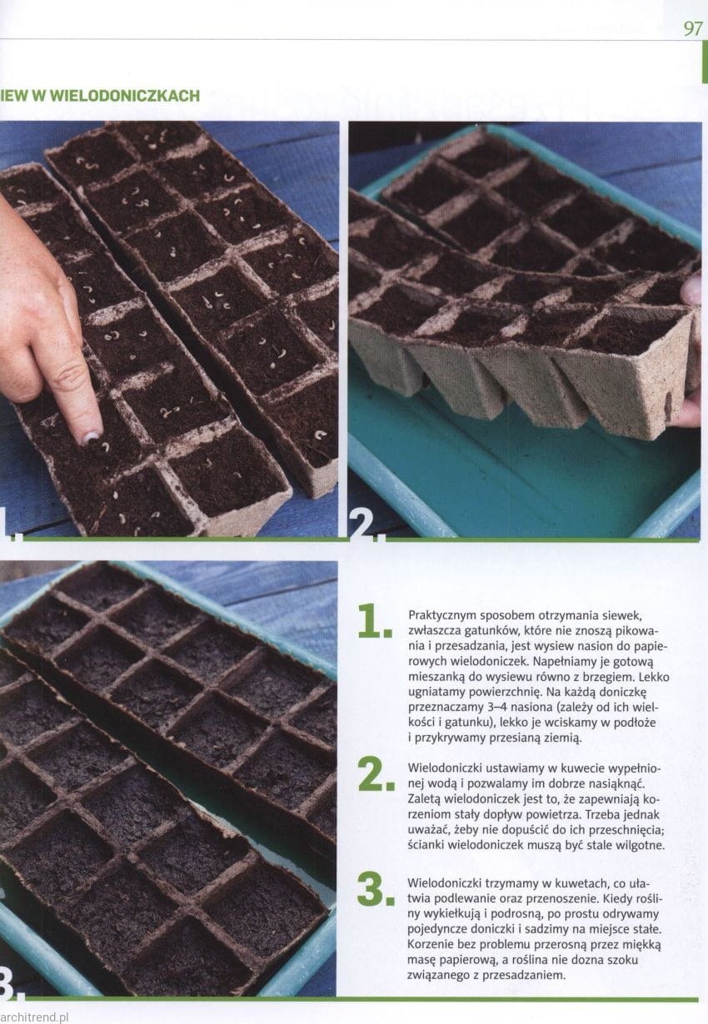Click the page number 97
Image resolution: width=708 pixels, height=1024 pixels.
click(x=693, y=28)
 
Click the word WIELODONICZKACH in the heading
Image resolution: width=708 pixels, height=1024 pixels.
click(x=125, y=96)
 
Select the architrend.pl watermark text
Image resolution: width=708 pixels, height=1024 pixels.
click(x=34, y=1017)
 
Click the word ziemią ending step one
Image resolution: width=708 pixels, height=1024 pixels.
click(x=561, y=738)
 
